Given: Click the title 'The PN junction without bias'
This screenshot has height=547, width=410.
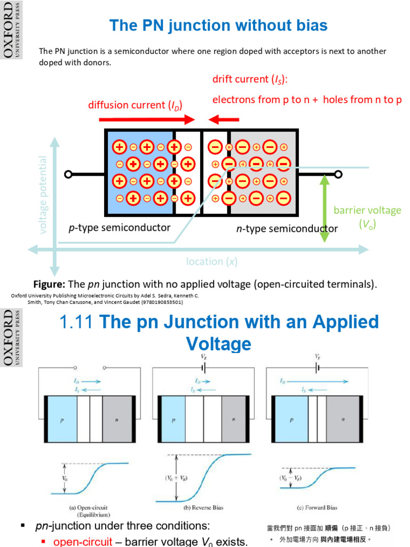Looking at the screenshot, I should click(218, 25).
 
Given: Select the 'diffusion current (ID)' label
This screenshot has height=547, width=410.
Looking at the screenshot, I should click(135, 105).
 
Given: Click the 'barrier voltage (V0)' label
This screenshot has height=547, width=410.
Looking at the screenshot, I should click(367, 217).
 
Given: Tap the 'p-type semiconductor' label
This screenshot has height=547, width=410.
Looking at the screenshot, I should click(120, 228).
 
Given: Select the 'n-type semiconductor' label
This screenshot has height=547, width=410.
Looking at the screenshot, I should click(287, 229).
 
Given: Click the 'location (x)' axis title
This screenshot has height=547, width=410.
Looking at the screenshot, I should click(212, 261).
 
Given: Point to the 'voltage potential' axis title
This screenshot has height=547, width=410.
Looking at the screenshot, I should click(43, 194).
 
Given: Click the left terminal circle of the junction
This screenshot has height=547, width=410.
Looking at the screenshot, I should click(68, 174).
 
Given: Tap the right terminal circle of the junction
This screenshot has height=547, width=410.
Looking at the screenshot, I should click(338, 174).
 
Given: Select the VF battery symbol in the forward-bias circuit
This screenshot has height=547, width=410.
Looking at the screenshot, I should click(317, 368).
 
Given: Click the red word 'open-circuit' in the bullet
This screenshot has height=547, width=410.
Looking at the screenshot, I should click(82, 542).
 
